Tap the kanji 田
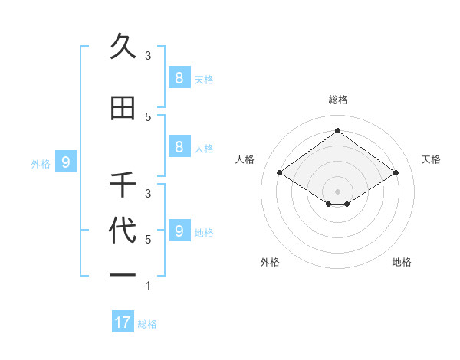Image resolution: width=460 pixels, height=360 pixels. (123, 109)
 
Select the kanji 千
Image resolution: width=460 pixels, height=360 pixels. (123, 185)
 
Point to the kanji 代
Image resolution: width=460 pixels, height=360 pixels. (123, 231)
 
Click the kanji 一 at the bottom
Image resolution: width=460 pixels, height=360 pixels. (123, 273)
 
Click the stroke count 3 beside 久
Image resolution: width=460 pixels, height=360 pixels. (148, 55)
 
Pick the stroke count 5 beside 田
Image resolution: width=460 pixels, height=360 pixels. (148, 116)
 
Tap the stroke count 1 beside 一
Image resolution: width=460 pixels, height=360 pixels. (148, 286)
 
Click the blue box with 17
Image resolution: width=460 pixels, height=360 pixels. (123, 322)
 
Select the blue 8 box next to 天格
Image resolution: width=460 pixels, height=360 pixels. (179, 77)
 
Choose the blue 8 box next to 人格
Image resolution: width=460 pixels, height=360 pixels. (179, 147)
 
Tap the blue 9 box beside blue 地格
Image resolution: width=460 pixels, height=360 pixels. (179, 231)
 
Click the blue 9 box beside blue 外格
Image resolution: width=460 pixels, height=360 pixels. (66, 162)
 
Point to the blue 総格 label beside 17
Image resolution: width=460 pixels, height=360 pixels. (147, 324)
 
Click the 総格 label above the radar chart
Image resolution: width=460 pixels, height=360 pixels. (337, 100)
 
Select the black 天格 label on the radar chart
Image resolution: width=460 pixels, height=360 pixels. (431, 159)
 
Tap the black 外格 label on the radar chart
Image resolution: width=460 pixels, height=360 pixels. (270, 262)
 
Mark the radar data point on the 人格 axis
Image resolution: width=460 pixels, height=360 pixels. (280, 173)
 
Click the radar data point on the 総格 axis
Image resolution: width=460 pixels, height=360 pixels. (337, 130)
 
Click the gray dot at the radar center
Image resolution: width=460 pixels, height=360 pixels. (337, 191)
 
